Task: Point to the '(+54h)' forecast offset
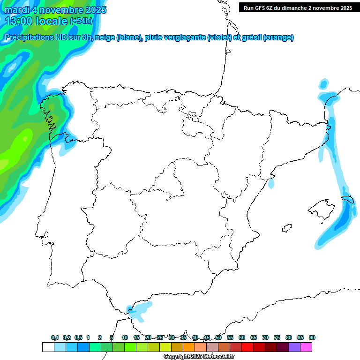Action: pyautogui.click(x=81, y=21)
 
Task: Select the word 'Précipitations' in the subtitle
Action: pyautogui.click(x=31, y=37)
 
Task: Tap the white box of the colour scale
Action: pyautogui.click(x=48, y=347)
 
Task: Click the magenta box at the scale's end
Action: pyautogui.click(x=306, y=347)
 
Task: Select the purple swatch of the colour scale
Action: pyautogui.click(x=294, y=347)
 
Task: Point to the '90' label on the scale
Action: pyautogui.click(x=312, y=337)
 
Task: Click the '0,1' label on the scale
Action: pyautogui.click(x=55, y=337)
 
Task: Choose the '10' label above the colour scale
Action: pyautogui.click(x=125, y=337)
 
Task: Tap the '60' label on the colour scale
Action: pyautogui.click(x=242, y=337)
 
